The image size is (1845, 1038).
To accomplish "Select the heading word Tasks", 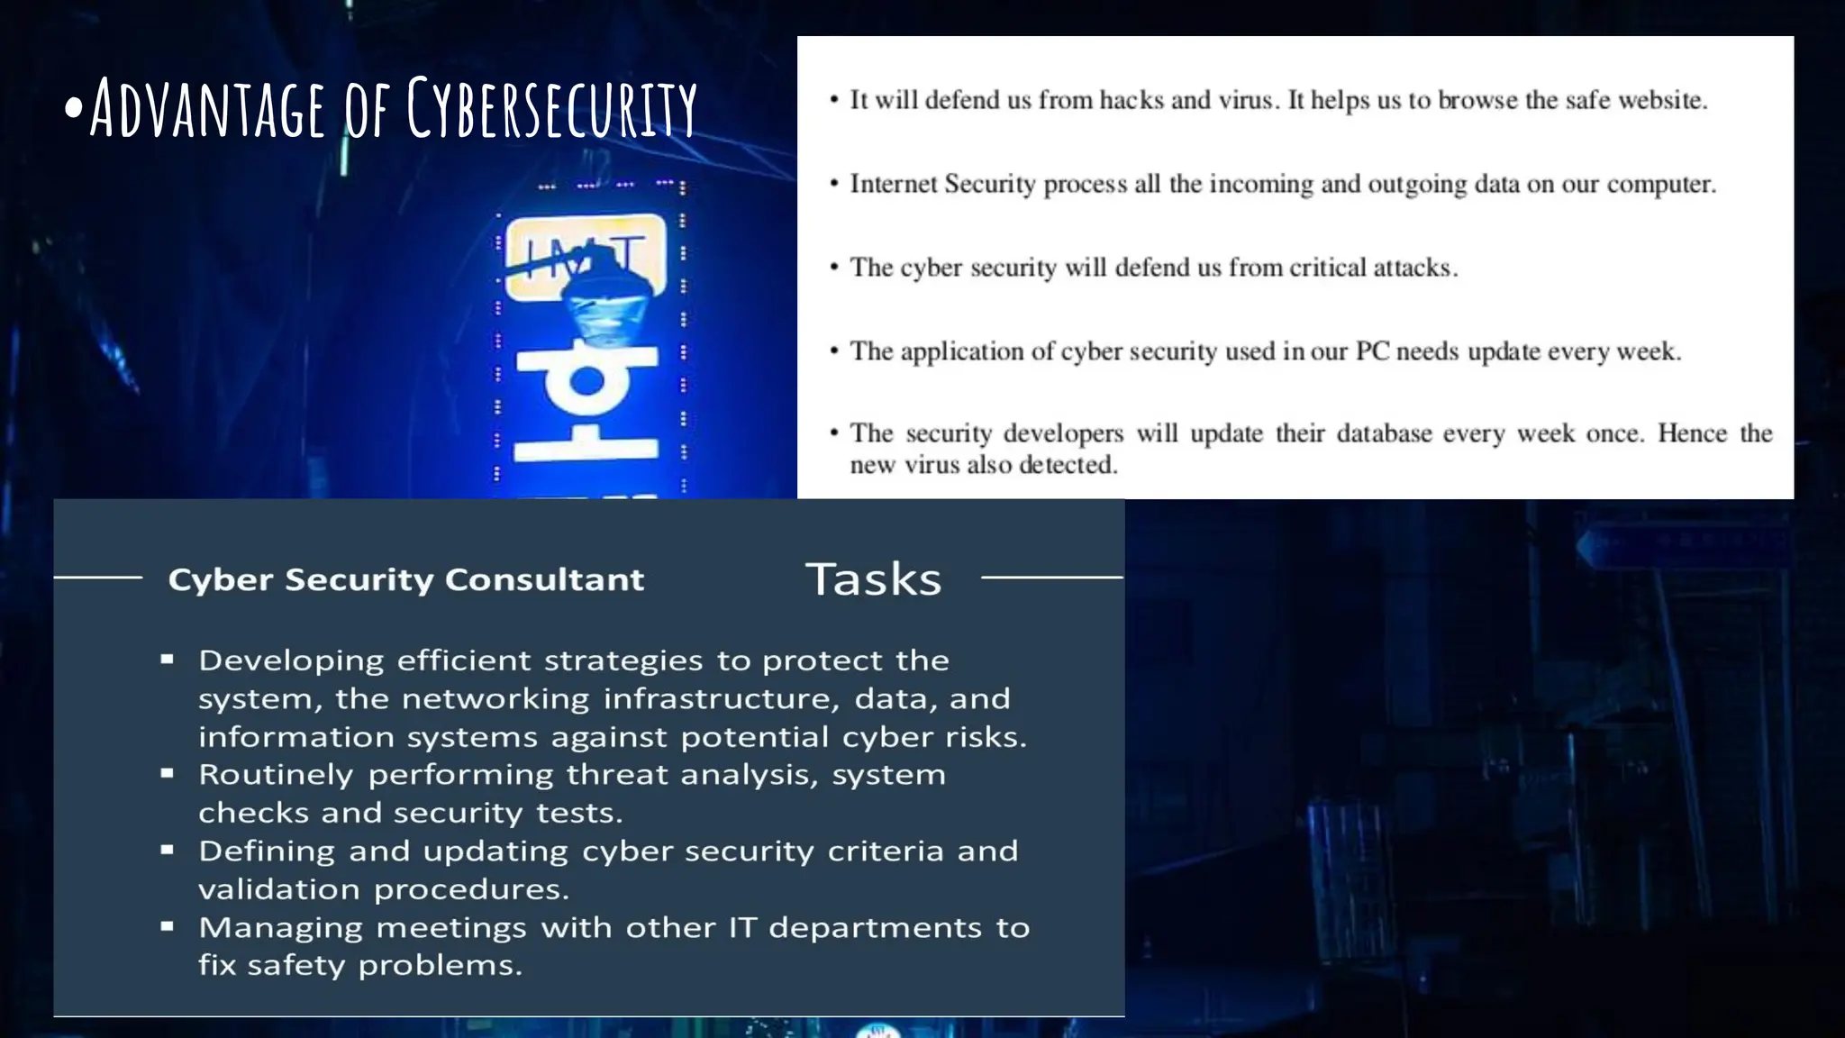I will (x=873, y=579).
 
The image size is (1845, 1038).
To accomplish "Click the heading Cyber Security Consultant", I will (x=406, y=579).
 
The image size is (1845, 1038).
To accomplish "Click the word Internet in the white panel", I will (x=892, y=184).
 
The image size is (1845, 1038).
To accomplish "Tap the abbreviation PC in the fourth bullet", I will (x=1372, y=351).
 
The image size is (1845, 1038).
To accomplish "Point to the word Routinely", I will (x=276, y=775).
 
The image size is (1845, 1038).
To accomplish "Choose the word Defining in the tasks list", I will (x=267, y=851).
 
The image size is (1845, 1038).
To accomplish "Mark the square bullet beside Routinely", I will (x=167, y=773).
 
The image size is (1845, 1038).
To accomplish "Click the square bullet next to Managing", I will (x=167, y=925).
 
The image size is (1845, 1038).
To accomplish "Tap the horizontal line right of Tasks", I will (x=1051, y=577).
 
